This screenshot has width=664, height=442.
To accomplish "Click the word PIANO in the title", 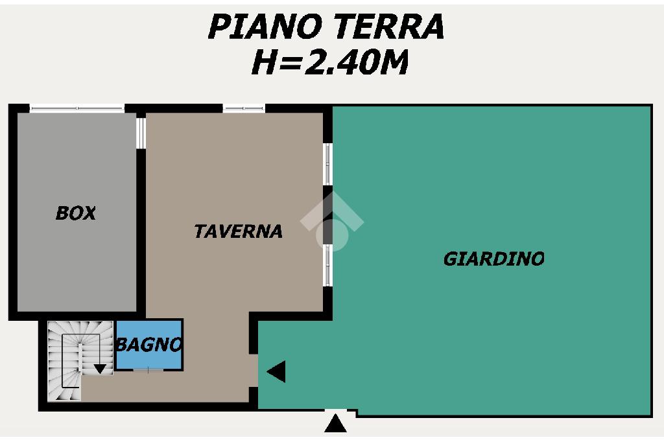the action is click(265, 27).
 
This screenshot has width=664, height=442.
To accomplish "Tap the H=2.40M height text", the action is click(330, 62).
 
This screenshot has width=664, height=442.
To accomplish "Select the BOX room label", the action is click(76, 213).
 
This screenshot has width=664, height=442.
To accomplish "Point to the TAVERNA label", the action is click(239, 231).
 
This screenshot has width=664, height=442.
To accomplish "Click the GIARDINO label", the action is click(493, 259).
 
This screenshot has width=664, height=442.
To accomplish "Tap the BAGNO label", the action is click(149, 345).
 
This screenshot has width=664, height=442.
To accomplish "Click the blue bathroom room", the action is click(149, 345).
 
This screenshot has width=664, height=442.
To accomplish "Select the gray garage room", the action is click(77, 212).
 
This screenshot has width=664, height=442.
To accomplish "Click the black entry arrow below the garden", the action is click(335, 423).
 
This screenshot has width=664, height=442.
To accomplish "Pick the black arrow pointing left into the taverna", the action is click(276, 371).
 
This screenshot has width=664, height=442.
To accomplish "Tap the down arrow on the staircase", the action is click(100, 369).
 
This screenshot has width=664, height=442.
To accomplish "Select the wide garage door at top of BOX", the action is click(77, 109).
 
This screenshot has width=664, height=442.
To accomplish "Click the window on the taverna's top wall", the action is click(244, 109).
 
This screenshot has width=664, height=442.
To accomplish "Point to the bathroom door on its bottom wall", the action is click(148, 370).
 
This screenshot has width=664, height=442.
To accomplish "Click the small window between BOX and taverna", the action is click(141, 132).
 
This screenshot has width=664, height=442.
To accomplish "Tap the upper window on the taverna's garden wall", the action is click(327, 164).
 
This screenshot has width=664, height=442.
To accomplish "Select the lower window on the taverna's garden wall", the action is click(327, 265).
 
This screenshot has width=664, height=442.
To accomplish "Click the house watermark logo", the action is click(332, 222).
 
